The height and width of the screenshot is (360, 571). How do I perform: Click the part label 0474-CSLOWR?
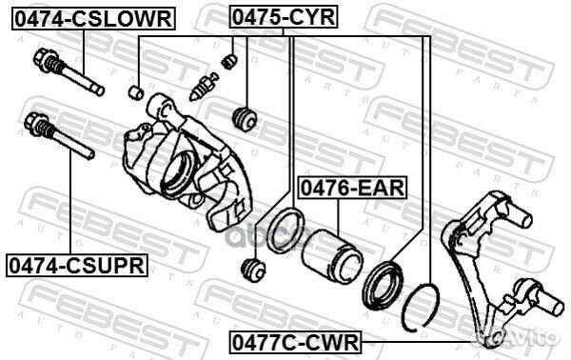tap(94, 19)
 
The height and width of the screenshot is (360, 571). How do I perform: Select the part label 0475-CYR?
tap(284, 17)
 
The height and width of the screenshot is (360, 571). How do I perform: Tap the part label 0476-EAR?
tap(352, 188)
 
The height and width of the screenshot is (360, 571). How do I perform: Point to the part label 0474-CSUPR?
tap(77, 266)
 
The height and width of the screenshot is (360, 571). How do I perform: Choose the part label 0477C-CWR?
tap(295, 342)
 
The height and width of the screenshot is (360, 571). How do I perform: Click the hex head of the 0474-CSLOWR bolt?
tap(44, 59)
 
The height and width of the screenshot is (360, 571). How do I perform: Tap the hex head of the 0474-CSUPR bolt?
tap(34, 124)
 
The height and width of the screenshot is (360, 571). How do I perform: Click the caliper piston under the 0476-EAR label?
tap(332, 255)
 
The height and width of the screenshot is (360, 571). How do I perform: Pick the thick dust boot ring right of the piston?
tap(383, 286)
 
